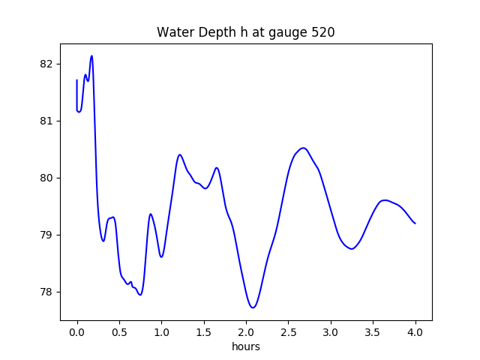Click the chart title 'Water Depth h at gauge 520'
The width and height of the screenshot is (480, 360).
245,33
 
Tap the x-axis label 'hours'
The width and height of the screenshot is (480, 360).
245,347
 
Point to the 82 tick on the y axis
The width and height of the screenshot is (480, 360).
46,64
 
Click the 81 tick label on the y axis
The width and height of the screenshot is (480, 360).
46,121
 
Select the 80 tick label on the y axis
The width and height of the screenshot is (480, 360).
46,178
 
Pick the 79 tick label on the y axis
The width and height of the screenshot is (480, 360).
46,235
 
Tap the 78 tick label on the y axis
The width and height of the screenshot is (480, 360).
46,292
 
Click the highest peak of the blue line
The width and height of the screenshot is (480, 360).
91,55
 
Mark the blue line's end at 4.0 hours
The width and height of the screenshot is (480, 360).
415,223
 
